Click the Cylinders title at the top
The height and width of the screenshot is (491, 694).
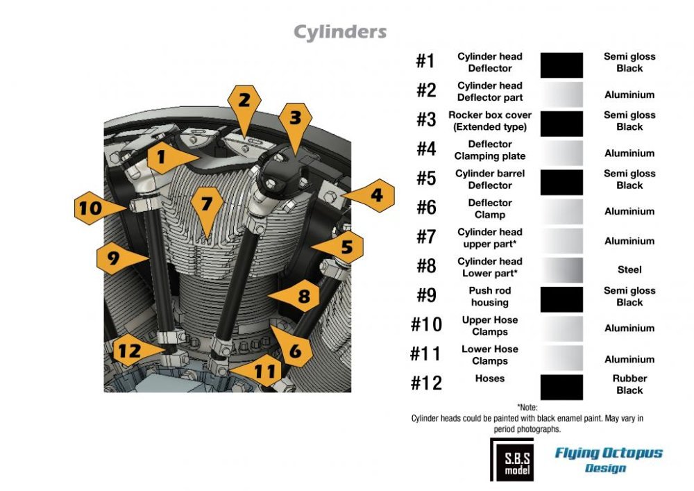tap(340, 33)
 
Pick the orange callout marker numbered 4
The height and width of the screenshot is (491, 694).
tap(370, 195)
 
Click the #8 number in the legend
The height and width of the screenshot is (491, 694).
tap(426, 267)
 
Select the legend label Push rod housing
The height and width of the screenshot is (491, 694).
tap(489, 297)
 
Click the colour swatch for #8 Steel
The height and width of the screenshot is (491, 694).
tap(561, 269)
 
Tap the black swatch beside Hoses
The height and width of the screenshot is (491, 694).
tap(561, 387)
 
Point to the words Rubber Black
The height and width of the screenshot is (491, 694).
tap(629, 384)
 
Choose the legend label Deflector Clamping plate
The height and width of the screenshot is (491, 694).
tap(489, 150)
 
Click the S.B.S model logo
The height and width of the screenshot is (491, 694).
tap(512, 460)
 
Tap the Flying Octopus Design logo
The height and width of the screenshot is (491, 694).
tap(609, 460)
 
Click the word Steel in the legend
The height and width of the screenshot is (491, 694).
tap(629, 269)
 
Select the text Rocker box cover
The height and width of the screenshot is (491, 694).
tap(489, 115)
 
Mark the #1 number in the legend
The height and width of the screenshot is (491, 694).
tap(425, 61)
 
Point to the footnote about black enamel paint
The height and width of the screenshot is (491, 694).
tap(527, 418)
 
